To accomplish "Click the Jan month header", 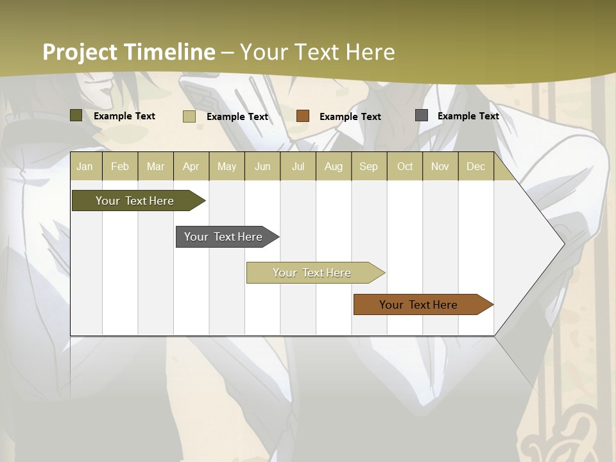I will coord(85,167).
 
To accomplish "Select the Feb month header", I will coord(120,167).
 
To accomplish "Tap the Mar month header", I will coord(155,167).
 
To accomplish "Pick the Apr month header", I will coord(191,167).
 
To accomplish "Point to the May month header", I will coord(227,167).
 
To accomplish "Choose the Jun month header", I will coord(262,167).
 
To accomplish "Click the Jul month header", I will coord(298,167).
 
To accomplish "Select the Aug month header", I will coord(334,167).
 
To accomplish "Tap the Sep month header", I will coord(369,167).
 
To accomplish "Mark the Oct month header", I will coord(405,167).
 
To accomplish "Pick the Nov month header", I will coord(440,167).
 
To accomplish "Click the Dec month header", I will coord(476,167).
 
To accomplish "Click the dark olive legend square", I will coord(76,116).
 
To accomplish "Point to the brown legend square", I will coord(303,116).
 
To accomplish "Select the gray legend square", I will coord(422,116).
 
